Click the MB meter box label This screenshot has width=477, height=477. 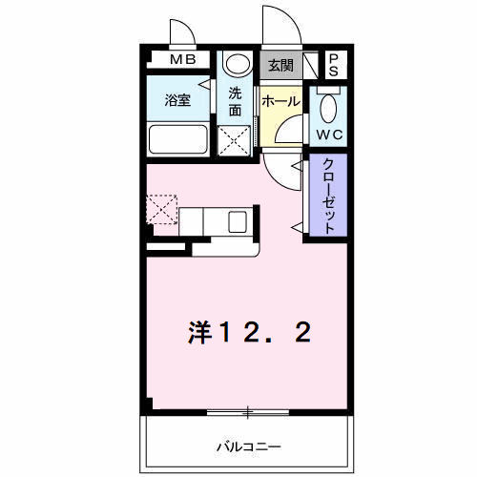183,59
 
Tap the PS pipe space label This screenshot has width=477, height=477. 334,66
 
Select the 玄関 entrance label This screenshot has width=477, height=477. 280,66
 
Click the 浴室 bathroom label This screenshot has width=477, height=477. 177,100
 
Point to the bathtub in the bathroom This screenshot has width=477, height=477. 178,139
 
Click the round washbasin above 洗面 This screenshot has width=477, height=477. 238,64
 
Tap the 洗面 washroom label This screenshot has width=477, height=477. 235,102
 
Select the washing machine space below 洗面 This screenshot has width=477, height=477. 234,140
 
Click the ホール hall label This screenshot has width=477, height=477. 280,101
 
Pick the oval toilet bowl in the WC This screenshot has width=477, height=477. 328,109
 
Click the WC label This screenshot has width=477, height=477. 329,135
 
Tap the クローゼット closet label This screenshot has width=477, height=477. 328,196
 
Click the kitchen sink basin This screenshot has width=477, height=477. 238,222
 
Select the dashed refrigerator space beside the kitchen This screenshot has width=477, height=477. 162,210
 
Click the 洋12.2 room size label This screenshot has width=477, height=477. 250,333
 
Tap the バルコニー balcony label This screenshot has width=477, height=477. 249,446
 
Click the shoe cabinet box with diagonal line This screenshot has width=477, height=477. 311,65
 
